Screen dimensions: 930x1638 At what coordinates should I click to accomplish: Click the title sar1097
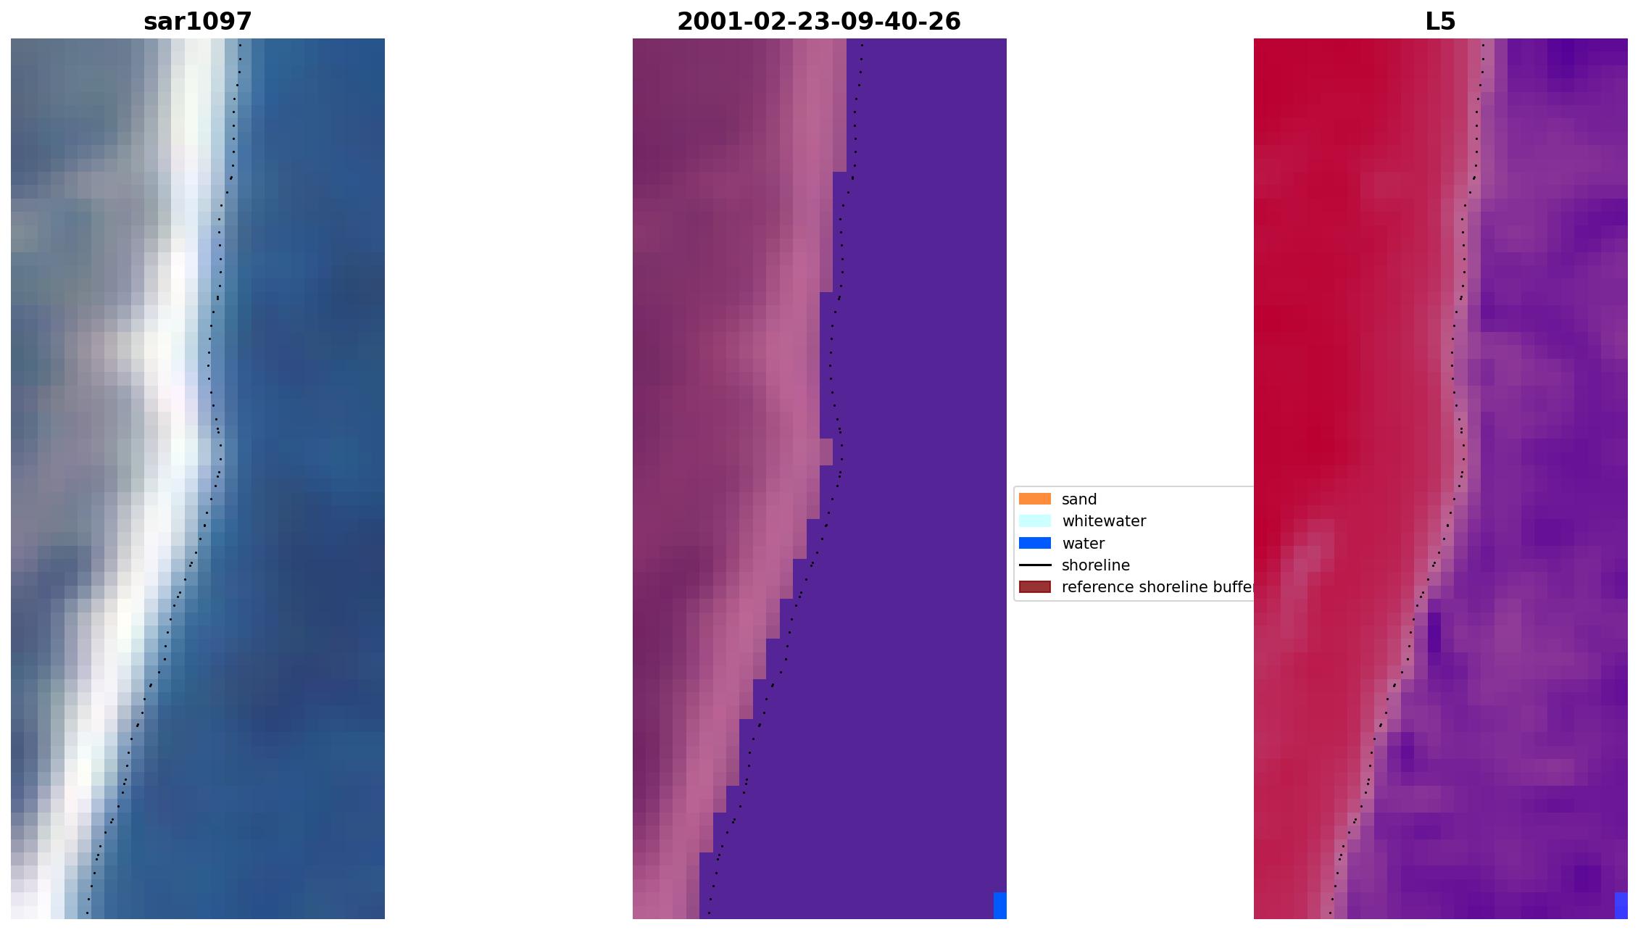click(197, 22)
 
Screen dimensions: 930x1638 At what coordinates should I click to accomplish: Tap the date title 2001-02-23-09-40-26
click(818, 22)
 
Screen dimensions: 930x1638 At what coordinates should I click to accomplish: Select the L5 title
click(1439, 22)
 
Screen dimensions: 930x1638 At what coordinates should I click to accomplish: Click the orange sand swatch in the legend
click(1034, 499)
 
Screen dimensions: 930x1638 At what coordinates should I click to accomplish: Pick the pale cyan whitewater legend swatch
click(1034, 520)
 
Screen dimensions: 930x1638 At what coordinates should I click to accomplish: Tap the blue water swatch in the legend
click(1034, 543)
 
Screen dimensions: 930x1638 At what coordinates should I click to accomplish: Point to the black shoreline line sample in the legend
click(1034, 565)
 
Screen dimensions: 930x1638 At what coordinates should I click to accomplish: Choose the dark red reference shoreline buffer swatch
click(1034, 587)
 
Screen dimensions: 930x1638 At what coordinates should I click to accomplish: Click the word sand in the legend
click(1078, 499)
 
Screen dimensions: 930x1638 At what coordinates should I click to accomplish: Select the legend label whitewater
click(1103, 521)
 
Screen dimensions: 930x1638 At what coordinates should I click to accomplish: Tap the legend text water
click(1083, 544)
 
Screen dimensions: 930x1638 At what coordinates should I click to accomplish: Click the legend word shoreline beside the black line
click(1095, 565)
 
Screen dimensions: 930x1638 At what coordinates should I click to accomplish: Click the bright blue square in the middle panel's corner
click(999, 905)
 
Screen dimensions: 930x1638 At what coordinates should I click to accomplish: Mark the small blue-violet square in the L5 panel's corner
click(1621, 905)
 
